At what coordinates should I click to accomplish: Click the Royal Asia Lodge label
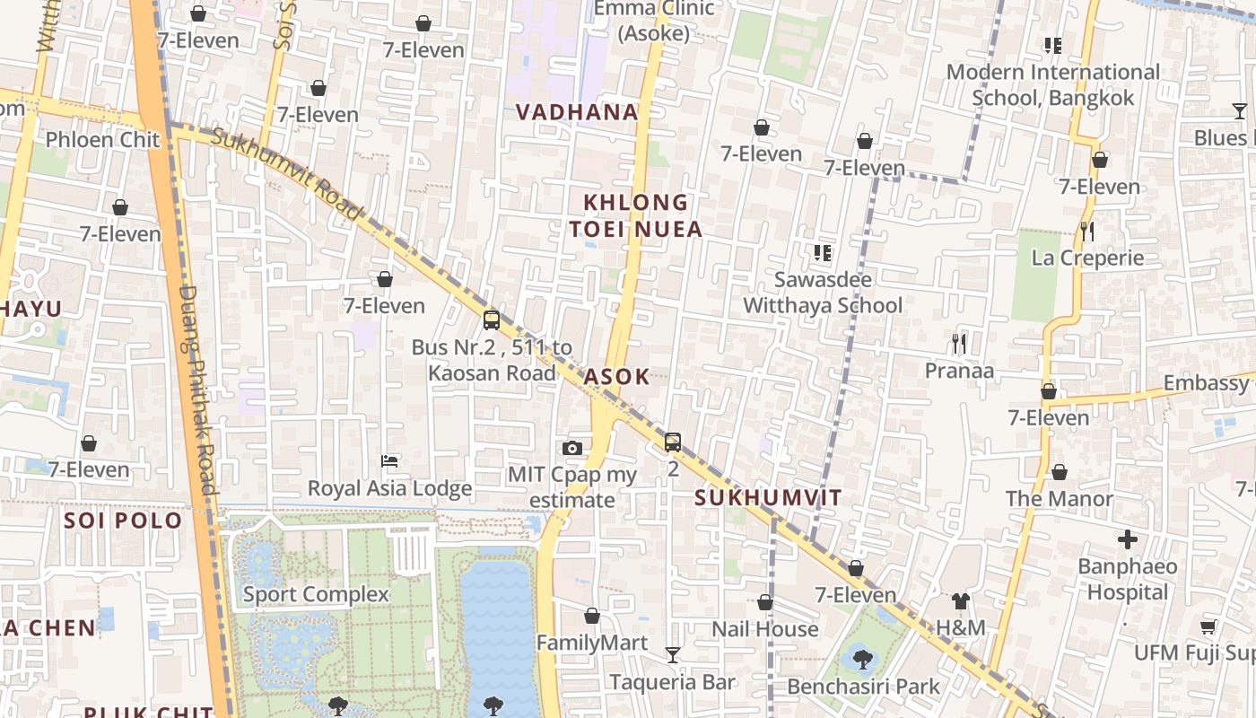click(389, 488)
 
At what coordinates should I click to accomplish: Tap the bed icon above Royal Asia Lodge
click(389, 461)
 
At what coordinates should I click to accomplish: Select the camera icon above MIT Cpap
click(572, 448)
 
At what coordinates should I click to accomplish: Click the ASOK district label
click(617, 377)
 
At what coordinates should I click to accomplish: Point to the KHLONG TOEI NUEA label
click(636, 215)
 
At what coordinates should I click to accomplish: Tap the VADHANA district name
click(578, 112)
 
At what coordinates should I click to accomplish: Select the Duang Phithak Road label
click(197, 390)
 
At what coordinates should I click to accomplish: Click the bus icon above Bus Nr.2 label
click(492, 320)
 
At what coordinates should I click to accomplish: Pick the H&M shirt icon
click(961, 601)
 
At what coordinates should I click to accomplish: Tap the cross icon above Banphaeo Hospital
click(1128, 539)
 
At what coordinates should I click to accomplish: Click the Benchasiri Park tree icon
click(863, 660)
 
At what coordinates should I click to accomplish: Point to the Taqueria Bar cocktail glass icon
click(673, 655)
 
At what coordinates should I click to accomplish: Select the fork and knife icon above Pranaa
click(959, 343)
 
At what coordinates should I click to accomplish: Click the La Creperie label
click(1087, 258)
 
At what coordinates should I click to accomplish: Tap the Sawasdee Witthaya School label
click(823, 293)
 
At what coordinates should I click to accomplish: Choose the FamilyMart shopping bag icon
click(592, 616)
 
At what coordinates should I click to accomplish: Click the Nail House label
click(765, 629)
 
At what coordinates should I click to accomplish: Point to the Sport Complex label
click(316, 594)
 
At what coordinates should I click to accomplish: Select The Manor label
click(1059, 498)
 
